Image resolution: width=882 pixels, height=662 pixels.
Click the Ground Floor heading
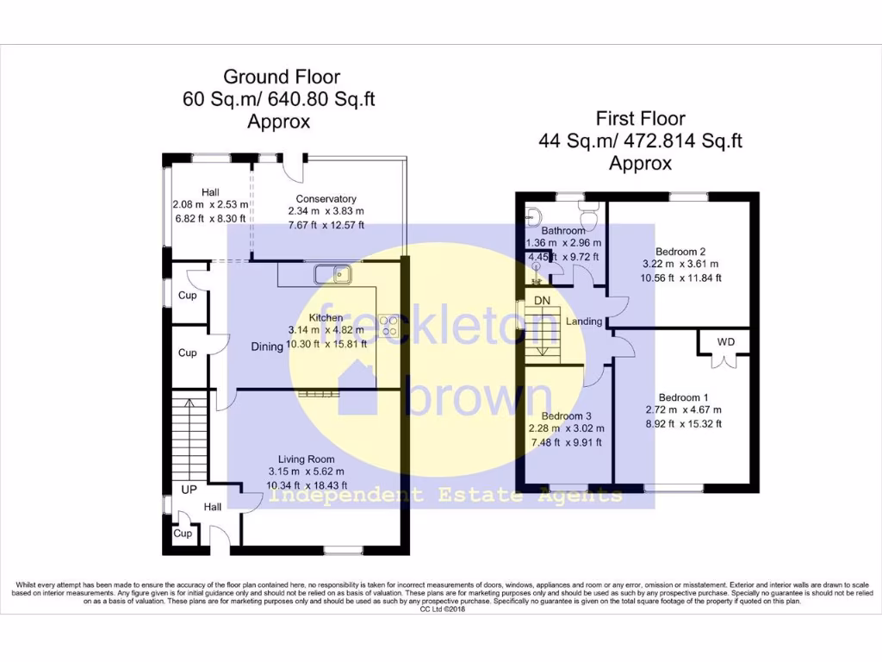282,77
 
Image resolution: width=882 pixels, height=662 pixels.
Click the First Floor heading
640,118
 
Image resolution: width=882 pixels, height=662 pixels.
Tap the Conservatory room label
326,198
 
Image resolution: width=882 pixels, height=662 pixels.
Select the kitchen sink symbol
332,275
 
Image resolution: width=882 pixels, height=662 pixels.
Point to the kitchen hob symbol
388,325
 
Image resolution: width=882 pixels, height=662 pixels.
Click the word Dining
267,347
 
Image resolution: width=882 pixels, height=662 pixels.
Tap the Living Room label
306,459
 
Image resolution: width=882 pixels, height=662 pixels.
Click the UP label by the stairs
189,490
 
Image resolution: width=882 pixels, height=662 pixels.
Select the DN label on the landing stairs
542,300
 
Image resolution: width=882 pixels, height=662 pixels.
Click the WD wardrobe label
726,342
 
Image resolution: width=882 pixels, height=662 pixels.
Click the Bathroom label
563,230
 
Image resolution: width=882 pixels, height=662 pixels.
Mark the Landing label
584,322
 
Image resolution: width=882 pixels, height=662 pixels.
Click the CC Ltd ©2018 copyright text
440,609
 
